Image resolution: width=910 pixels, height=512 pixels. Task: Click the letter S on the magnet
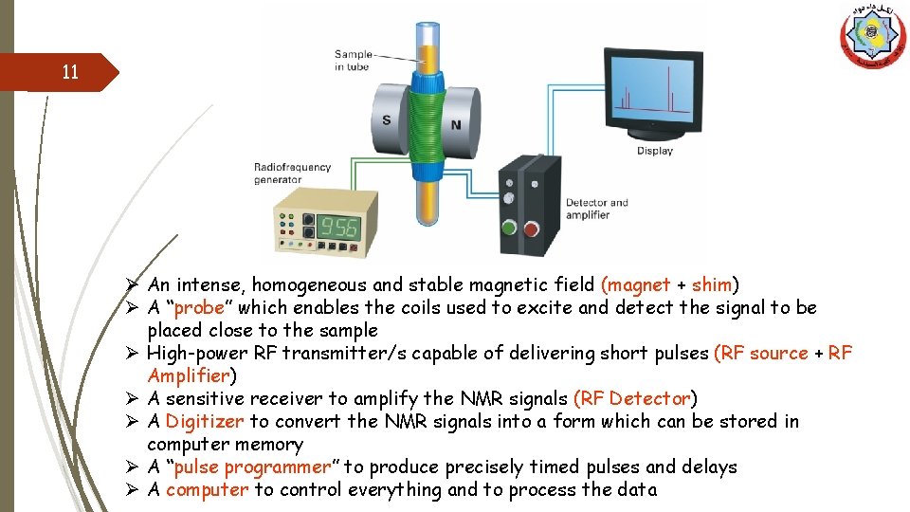386,120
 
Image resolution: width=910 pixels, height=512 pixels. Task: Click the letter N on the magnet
455,124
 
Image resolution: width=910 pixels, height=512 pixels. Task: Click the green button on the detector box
508,228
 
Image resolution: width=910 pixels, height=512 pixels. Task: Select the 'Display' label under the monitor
654,151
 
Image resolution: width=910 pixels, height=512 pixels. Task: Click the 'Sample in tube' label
353,61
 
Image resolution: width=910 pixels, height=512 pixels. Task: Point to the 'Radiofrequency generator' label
292,174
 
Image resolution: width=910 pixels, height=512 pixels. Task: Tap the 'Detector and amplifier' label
596,209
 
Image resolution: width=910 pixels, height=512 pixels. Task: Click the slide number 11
69,72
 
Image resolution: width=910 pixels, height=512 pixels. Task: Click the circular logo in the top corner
872,36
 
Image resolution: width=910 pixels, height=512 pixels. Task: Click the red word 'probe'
198,307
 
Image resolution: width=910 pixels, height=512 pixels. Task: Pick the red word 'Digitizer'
204,421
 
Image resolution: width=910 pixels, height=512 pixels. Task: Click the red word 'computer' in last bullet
207,489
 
